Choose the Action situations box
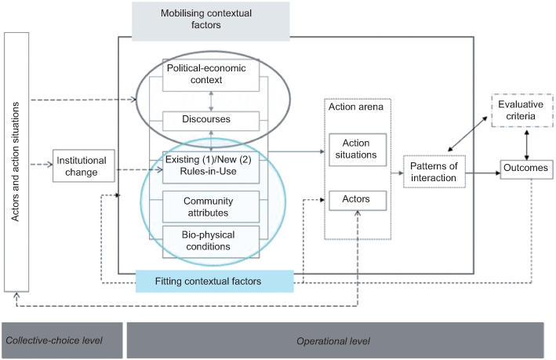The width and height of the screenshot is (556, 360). click(356, 148)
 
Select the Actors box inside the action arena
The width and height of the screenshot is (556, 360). click(356, 200)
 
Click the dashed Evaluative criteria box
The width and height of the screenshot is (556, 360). click(518, 111)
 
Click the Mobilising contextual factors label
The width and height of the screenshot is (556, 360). click(191, 20)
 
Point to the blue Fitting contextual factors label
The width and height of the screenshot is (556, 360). click(213, 281)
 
